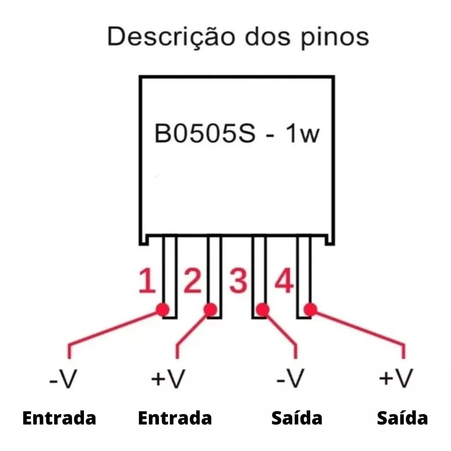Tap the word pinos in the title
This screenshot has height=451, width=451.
point(335,38)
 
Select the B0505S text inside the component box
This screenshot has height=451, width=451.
point(205,133)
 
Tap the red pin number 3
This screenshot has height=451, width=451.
point(238,281)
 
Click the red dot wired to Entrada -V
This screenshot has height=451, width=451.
point(163,310)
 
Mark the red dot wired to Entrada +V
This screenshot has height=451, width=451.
point(210,310)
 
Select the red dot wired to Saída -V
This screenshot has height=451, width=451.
point(262,310)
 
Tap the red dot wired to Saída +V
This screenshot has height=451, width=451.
point(310,310)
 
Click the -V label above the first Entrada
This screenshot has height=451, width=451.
point(63,379)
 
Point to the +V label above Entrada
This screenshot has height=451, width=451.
point(168,379)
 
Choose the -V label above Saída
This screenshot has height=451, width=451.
point(290,379)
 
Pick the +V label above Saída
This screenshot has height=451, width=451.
point(396,379)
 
